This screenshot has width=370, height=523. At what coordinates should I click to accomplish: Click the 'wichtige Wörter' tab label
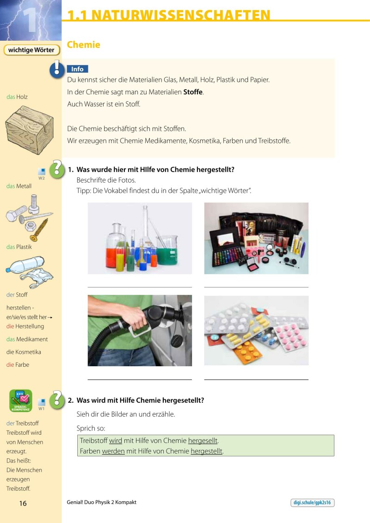point(31,50)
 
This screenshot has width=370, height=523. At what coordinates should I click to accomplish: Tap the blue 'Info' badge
point(77,69)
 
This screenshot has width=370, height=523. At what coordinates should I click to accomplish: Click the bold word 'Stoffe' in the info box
point(193,92)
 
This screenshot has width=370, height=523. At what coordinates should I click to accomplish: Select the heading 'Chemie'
point(83,45)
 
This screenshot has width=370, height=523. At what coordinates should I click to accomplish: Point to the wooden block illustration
point(29,130)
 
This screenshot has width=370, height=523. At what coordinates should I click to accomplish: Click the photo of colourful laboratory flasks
point(140,238)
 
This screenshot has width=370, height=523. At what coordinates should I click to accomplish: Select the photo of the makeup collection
point(256,238)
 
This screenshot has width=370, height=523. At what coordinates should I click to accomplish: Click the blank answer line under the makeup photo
point(256,287)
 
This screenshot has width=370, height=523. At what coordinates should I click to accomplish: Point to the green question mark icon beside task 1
point(57,169)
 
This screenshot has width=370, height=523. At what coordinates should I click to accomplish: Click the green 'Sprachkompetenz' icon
point(21,400)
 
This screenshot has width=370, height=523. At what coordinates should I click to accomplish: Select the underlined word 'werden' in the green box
point(113,451)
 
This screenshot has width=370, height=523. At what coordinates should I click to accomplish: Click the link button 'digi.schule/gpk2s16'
point(312,503)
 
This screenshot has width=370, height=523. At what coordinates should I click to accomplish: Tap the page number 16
point(23,503)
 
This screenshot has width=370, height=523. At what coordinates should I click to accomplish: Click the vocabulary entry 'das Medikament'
point(27,339)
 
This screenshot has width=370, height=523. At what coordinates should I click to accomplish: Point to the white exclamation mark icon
point(57,69)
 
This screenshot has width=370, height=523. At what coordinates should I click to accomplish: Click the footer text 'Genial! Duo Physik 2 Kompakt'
point(101,502)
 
